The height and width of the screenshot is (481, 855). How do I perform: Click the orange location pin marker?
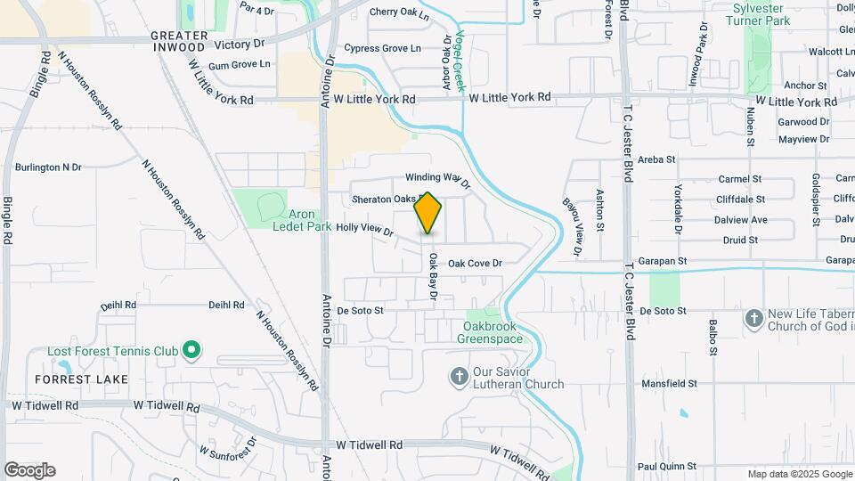coord(428,213)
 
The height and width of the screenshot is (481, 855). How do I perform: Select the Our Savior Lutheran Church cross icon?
coord(460,377)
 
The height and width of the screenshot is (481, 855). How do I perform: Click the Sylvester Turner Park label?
coord(760,13)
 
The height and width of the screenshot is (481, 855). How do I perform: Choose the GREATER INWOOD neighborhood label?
coord(179,41)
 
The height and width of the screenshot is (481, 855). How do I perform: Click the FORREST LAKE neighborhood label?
coord(81,379)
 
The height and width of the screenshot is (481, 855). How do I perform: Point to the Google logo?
coord(29,470)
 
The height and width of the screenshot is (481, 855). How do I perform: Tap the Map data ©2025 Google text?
coord(799,474)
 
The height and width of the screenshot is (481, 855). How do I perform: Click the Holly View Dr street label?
coord(365,229)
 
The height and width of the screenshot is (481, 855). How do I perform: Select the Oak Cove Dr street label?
coord(475,264)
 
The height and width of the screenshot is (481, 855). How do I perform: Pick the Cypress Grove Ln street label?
coord(382,48)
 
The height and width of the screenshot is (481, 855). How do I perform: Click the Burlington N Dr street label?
coord(48,167)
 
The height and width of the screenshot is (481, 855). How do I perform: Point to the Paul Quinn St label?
coord(666,466)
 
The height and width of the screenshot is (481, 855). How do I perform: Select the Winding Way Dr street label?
coord(437,179)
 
